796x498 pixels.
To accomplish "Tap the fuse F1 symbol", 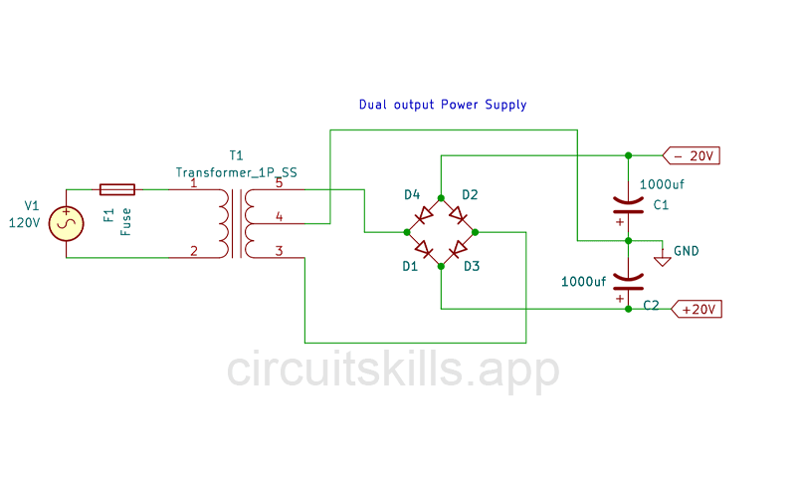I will tap(117, 188).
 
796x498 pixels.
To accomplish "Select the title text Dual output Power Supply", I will tap(442, 105).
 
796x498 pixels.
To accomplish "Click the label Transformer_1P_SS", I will tap(236, 171).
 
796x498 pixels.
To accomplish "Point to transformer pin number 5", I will tap(280, 183).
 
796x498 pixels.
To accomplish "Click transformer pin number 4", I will tap(280, 216).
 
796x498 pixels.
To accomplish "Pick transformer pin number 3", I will tap(280, 251).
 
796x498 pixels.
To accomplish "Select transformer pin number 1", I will tap(193, 183).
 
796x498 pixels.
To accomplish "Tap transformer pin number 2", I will tap(193, 251).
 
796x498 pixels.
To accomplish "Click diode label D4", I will tap(412, 194).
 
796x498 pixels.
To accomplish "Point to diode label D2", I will tap(471, 194).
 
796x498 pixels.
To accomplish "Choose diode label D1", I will tap(410, 266).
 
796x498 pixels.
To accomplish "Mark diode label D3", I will tap(472, 266).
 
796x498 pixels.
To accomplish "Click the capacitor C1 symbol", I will tap(627, 206).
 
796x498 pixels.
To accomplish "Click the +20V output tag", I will tap(697, 310).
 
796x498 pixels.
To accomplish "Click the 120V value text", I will tap(24, 223).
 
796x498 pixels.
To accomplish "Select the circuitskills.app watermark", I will tap(393, 371).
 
